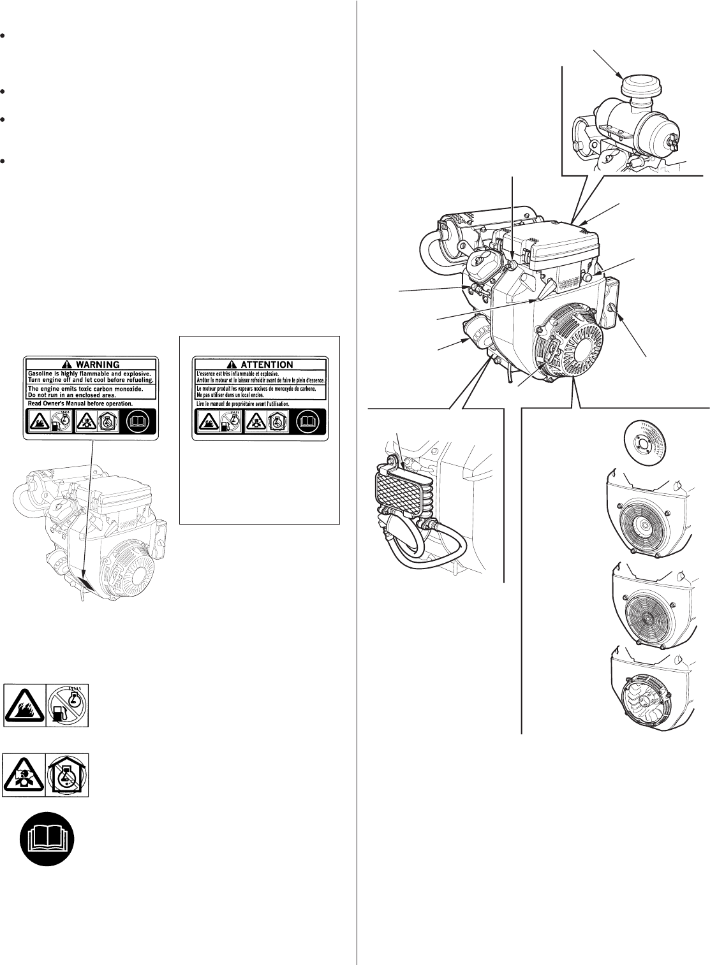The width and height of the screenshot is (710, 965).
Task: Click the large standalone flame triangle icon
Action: [25, 706]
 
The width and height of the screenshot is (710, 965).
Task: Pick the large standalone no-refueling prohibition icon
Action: [68, 706]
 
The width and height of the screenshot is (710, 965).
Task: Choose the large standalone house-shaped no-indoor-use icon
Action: [68, 774]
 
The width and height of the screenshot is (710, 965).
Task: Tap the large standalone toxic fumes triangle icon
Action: [25, 774]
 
